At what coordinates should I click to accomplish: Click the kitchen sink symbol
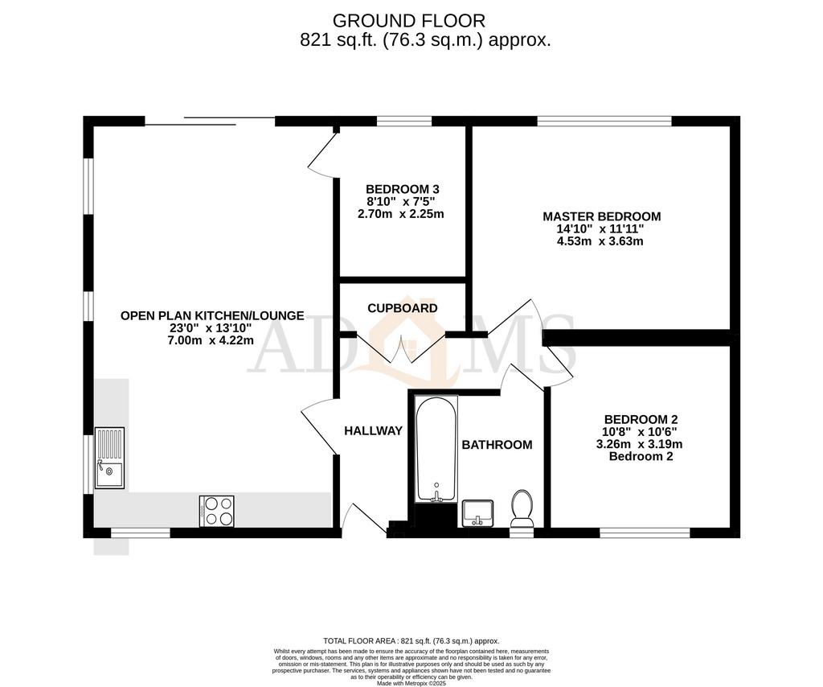tap(109, 458)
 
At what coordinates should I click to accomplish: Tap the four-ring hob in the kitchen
tap(217, 511)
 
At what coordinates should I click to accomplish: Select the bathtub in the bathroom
tap(436, 449)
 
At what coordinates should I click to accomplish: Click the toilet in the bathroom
tap(522, 508)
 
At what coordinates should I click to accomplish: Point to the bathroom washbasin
tap(479, 512)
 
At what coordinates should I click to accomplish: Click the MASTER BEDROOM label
tap(601, 216)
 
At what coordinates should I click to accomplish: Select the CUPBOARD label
tap(403, 308)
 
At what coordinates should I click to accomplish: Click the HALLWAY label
tap(373, 431)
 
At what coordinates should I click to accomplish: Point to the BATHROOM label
tap(497, 445)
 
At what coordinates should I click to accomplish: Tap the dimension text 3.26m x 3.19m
tap(641, 444)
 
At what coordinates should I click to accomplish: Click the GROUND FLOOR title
tap(409, 20)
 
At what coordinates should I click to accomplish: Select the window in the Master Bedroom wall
tap(604, 121)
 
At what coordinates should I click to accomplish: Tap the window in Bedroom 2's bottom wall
tap(645, 532)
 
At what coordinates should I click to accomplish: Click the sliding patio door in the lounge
tap(210, 121)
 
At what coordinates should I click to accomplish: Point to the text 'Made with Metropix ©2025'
tap(411, 681)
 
